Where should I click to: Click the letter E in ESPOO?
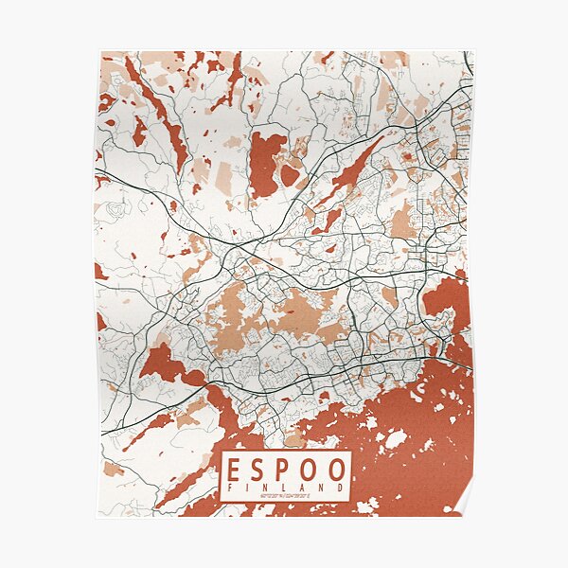point(235,470)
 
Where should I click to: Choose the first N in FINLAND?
point(266,487)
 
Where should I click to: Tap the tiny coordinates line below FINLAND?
point(285,496)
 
